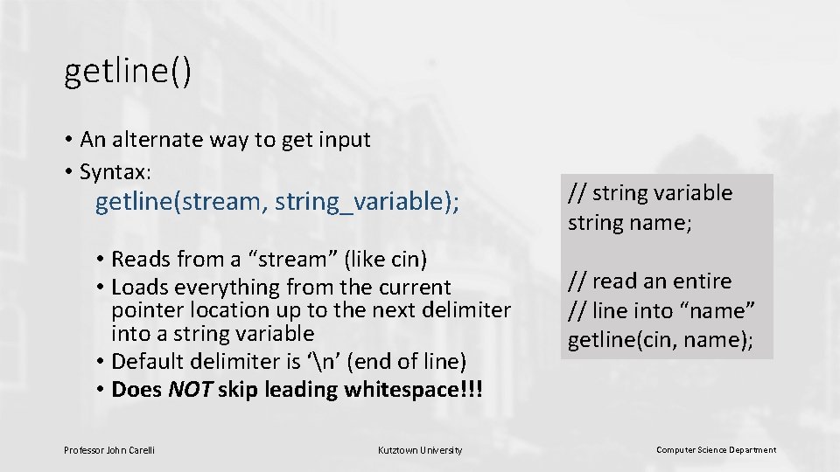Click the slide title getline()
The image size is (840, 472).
pyautogui.click(x=127, y=73)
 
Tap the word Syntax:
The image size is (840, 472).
pyautogui.click(x=115, y=172)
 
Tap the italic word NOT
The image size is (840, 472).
pyautogui.click(x=190, y=389)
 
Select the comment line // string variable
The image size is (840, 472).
pyautogui.click(x=650, y=193)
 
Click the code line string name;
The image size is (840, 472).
pyautogui.click(x=630, y=223)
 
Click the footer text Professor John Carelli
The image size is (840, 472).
pyautogui.click(x=109, y=450)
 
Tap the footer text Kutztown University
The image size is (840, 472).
pyautogui.click(x=420, y=450)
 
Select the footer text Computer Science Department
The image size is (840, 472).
pyautogui.click(x=716, y=450)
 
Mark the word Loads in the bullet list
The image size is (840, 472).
pyautogui.click(x=140, y=287)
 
